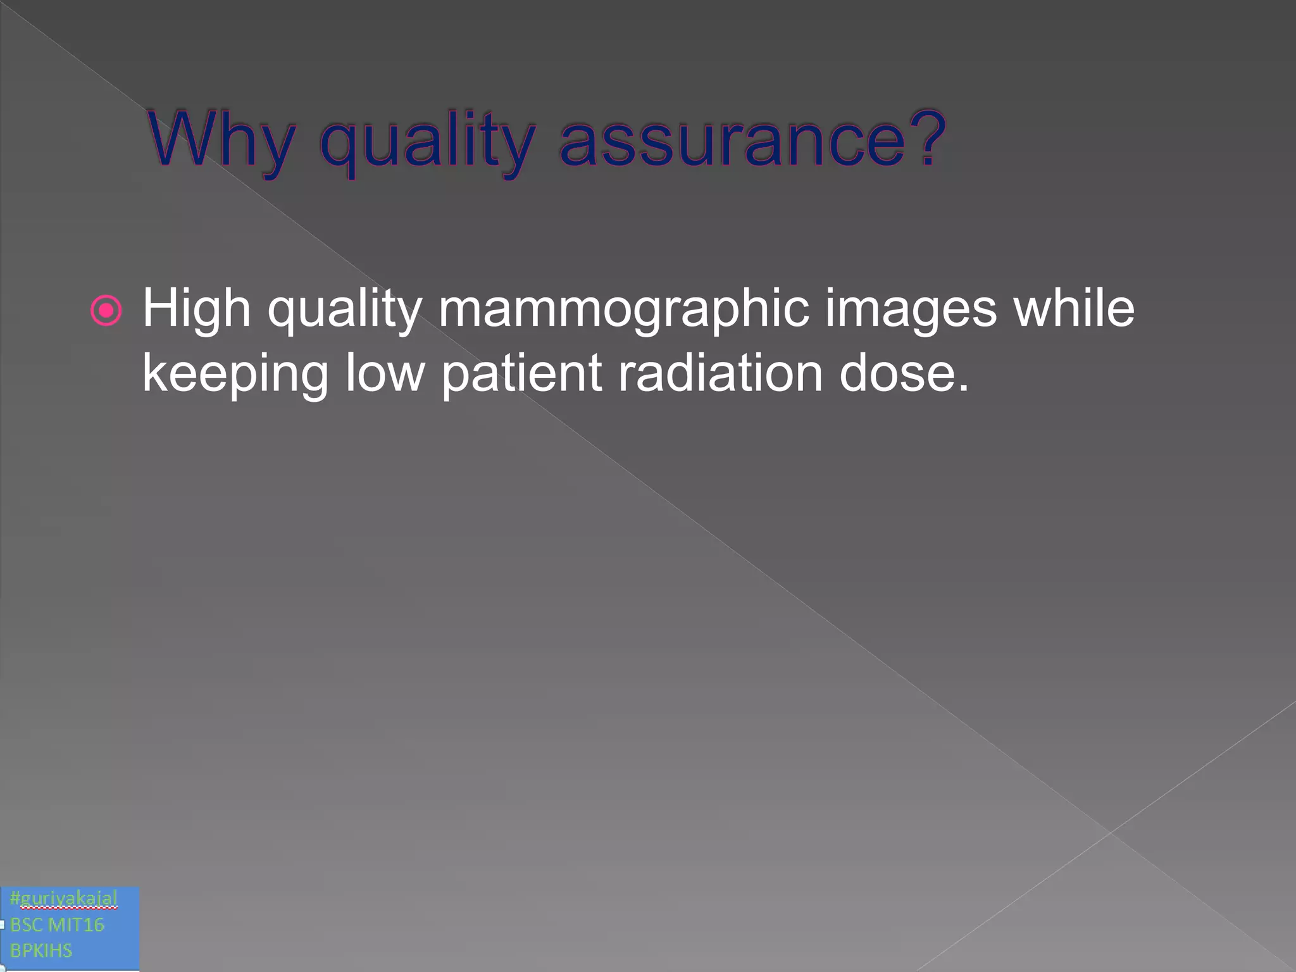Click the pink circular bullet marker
[x=106, y=310]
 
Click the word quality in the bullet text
[x=344, y=310]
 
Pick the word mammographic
[x=623, y=310]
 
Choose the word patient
[x=521, y=373]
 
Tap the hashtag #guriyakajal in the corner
[x=64, y=898]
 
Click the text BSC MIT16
[x=57, y=925]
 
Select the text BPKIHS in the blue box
[x=41, y=950]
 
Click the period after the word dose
[x=963, y=387]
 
